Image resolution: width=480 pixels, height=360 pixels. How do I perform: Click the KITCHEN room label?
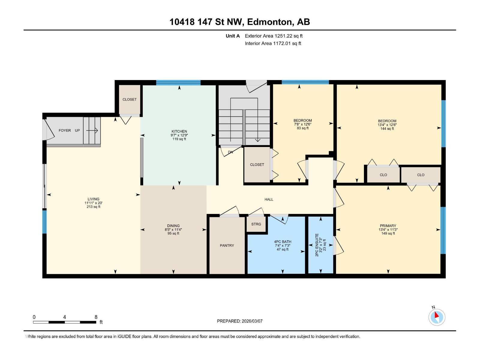coord(179,131)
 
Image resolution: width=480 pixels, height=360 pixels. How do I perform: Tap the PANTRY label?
coord(227,245)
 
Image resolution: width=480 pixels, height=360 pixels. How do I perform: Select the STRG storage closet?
coord(256,224)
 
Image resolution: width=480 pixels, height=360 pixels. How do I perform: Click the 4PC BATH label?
coord(283,241)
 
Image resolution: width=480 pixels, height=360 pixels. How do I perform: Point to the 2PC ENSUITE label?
coord(317,245)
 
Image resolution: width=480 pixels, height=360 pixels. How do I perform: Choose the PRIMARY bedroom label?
coord(388,226)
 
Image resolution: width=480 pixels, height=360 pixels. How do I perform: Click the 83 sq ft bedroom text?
coord(303,128)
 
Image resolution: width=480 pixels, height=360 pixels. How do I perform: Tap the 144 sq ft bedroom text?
coord(387,129)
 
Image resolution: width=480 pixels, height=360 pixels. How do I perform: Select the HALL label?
coord(269,199)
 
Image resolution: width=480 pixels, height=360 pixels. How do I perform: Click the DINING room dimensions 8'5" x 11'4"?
coord(173,230)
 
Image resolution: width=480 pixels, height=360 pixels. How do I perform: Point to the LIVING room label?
coord(93,199)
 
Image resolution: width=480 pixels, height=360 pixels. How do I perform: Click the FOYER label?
coord(65,130)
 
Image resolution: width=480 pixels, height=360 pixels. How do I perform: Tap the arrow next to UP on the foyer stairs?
coord(92,130)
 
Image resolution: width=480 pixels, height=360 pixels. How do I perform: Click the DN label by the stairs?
coord(230,152)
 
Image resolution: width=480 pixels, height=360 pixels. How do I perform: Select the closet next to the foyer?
coord(130,99)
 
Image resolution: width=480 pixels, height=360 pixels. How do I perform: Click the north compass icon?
coord(436,317)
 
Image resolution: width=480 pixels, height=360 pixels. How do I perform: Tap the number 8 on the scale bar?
coord(96,317)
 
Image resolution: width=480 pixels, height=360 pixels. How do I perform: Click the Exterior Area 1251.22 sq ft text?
coord(274,36)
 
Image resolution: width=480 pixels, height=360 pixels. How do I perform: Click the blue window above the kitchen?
coord(178,82)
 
